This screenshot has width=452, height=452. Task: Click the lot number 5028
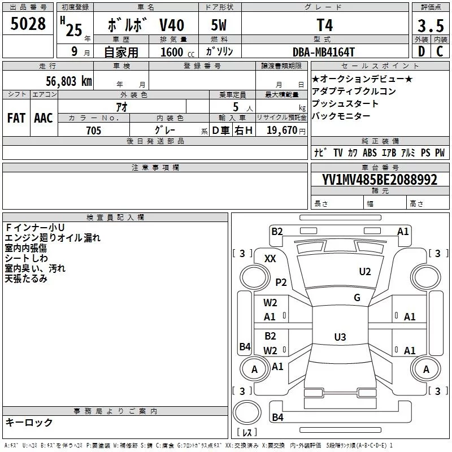click(28, 24)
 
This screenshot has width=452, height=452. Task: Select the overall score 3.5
click(431, 25)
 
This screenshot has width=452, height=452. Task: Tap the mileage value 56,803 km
click(69, 81)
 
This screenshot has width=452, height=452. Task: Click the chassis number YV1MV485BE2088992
click(380, 180)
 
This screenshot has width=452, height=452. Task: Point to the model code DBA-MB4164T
click(323, 52)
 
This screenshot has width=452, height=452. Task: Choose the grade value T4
click(324, 25)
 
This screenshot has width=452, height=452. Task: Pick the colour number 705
click(94, 131)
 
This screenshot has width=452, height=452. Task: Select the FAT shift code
click(16, 118)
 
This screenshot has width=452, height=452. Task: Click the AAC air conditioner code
click(44, 118)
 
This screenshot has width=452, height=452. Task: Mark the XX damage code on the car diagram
click(270, 259)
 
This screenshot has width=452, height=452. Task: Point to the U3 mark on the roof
click(340, 337)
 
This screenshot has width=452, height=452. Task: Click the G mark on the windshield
click(357, 298)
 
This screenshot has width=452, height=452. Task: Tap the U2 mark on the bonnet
click(365, 272)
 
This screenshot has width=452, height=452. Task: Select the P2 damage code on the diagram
click(281, 282)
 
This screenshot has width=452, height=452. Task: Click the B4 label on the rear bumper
click(277, 417)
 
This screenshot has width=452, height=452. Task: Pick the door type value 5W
click(219, 25)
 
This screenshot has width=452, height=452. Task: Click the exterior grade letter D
click(421, 51)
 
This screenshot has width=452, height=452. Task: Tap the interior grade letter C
click(440, 51)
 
